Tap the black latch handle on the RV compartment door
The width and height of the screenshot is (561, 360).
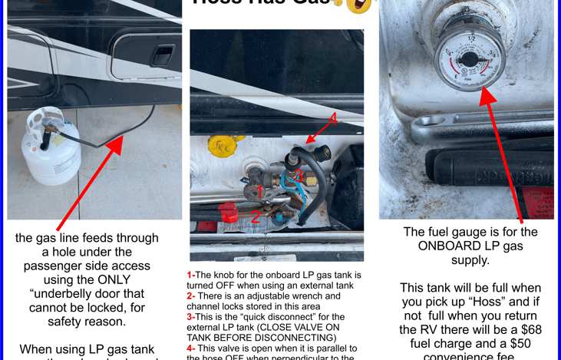162,56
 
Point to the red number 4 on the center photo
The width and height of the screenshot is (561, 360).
332,119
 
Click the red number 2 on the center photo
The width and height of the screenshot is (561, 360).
256,217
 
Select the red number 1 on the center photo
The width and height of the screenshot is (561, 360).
259,190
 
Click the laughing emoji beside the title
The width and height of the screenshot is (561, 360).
358,5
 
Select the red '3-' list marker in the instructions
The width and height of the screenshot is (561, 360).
191,316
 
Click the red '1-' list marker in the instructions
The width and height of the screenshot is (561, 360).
191,275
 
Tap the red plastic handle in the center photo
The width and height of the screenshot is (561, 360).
229,213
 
